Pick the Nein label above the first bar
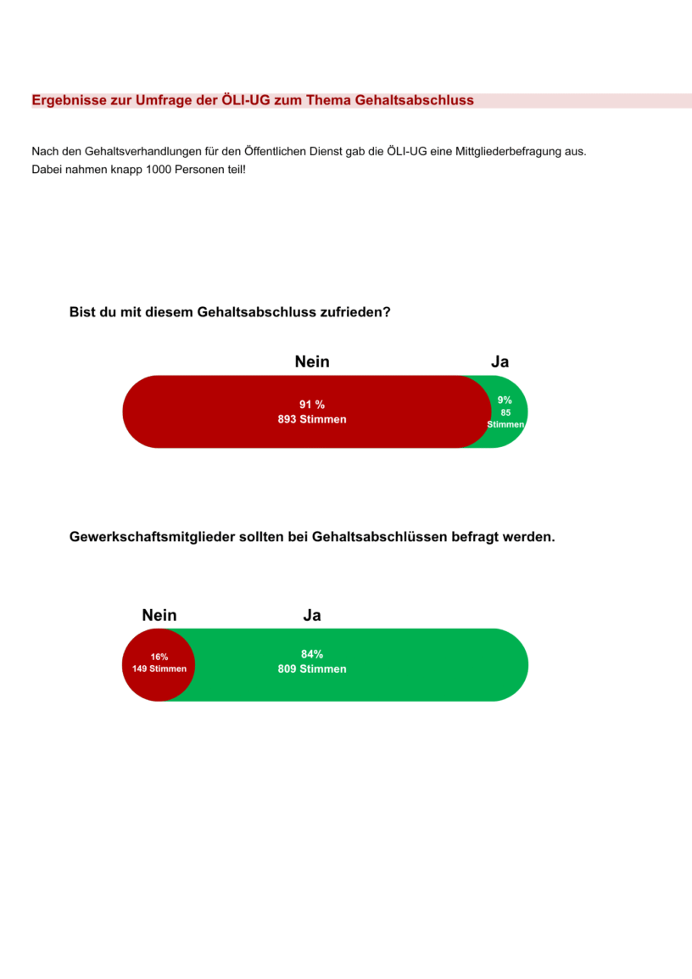(312, 362)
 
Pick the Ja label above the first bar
(499, 362)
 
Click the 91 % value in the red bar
(312, 404)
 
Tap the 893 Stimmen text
(312, 419)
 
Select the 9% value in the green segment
(505, 400)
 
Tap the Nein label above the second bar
(159, 615)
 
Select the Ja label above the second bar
(312, 615)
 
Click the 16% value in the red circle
(159, 657)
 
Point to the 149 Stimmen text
(159, 669)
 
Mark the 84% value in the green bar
(312, 654)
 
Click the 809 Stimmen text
(312, 669)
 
